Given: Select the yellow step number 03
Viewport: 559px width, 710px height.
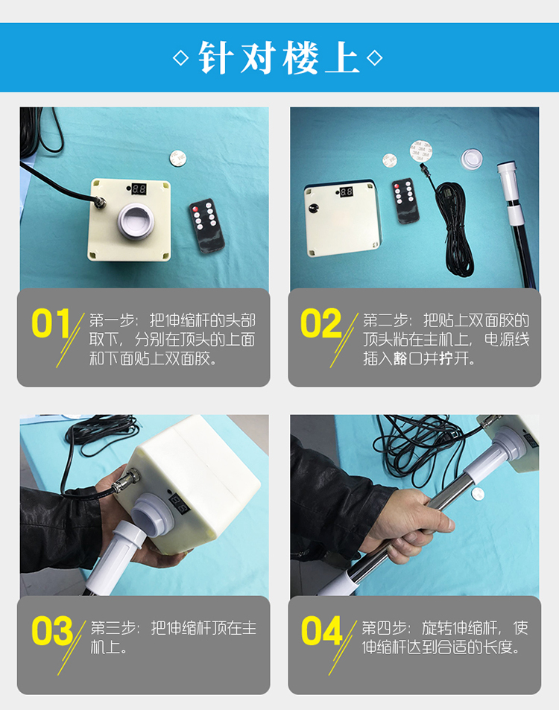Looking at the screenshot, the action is click(x=52, y=631).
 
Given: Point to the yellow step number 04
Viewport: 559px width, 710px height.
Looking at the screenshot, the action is click(x=322, y=631).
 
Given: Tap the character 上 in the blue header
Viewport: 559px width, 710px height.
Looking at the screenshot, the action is click(x=342, y=57).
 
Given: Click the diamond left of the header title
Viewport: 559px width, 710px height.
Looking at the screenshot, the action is click(x=181, y=58).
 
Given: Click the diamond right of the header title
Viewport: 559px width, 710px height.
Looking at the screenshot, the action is click(x=375, y=58).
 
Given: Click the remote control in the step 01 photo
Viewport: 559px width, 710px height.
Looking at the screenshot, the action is click(x=206, y=225).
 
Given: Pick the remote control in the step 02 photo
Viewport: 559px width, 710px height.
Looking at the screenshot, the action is click(x=405, y=200).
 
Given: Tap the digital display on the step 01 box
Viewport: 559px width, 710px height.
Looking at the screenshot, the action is click(x=139, y=188).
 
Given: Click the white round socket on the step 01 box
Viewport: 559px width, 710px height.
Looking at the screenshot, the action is click(x=136, y=220).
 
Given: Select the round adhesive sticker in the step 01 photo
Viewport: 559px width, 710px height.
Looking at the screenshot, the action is click(x=177, y=158).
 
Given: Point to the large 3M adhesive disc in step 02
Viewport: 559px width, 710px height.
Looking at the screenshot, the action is click(x=421, y=150).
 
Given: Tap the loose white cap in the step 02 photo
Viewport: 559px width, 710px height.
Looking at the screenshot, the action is click(x=472, y=159).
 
